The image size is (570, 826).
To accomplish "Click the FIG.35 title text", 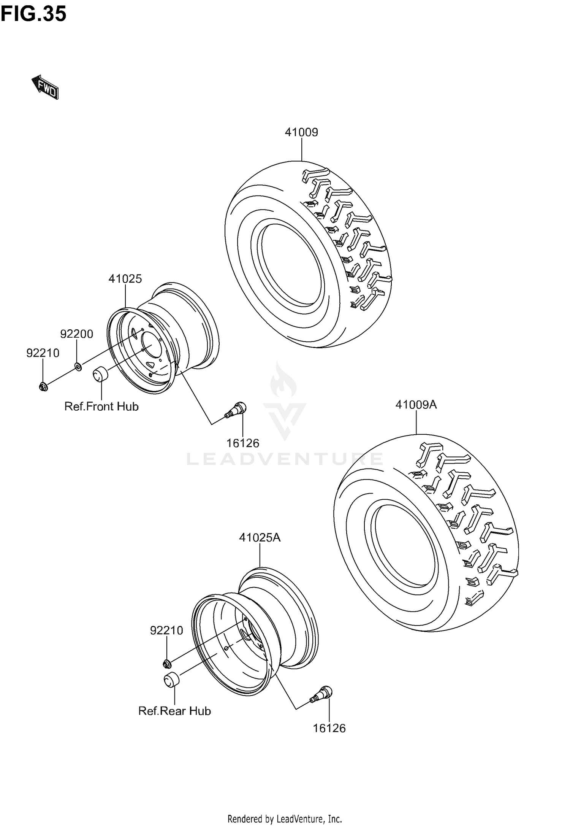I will pos(33,14).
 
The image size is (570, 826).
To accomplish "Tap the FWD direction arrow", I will pos(45,87).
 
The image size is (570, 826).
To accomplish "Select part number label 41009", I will pos(301,132).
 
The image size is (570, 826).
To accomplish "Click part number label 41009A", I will pos(416,405).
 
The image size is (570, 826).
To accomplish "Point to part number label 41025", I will pos(125,279).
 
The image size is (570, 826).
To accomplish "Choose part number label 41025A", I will pos(260,537).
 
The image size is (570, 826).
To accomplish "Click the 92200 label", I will pos(77,334).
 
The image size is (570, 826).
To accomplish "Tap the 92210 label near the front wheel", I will pos(43,353).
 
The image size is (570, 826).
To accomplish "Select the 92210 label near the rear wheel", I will pos(166,631).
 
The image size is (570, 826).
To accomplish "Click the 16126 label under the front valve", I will pos(243,443).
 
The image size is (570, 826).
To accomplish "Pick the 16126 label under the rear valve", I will pos(329,728).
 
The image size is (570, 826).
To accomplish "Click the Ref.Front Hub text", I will pos(101,407).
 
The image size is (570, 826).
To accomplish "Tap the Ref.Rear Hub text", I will pos(174,711).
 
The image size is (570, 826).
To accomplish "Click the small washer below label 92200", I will pos(78,367).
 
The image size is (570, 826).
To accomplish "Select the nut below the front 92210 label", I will pos(43,387).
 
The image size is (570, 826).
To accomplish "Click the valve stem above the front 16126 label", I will pos(236,410).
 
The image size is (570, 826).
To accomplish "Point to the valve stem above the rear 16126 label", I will pos(322,694).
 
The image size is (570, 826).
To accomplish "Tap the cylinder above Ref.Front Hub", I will pos(101,373).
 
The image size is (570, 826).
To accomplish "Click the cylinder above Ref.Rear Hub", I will pos(172,680).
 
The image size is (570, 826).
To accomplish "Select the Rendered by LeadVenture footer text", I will pos(285,818).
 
